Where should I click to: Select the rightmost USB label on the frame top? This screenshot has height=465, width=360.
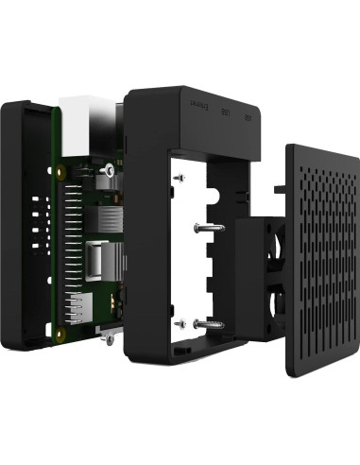tap(247, 119)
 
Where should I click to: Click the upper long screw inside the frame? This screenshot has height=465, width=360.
tap(209, 229)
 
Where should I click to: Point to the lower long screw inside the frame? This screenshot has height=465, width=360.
tap(208, 324)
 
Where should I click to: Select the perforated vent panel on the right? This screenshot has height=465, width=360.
tap(320, 265)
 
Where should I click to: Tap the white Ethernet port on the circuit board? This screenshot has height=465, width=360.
tap(81, 112)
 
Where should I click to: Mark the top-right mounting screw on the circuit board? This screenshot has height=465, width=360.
tap(111, 170)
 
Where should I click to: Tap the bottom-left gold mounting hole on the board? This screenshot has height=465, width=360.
tap(61, 333)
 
